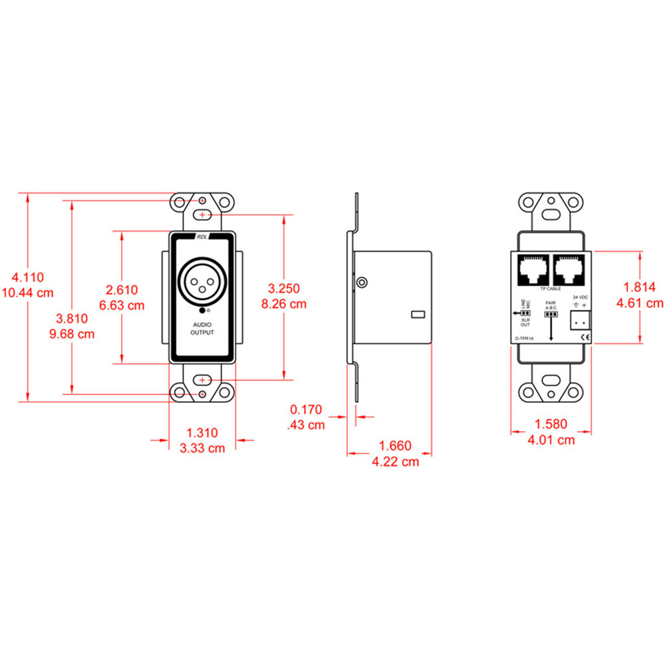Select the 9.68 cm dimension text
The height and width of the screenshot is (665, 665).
click(72, 334)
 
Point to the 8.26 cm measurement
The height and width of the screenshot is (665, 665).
click(284, 304)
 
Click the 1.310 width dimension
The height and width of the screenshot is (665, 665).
click(202, 433)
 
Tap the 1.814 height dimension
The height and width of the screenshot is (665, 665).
click(640, 287)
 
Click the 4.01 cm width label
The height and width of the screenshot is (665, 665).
click(551, 440)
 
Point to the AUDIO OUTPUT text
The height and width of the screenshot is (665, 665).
click(202, 328)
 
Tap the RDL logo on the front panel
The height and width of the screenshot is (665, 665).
click(202, 237)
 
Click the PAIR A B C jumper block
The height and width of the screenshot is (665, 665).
click(550, 315)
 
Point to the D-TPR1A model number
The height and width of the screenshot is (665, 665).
click(525, 338)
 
